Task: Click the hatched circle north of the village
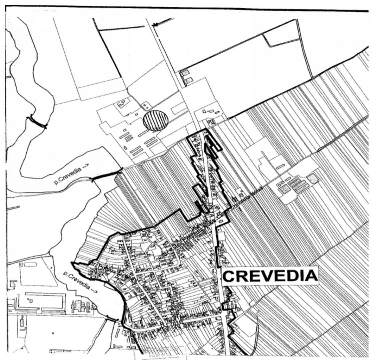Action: (x=155, y=121)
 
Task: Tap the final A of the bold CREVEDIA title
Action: (x=311, y=275)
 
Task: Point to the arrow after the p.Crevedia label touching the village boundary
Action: (x=94, y=291)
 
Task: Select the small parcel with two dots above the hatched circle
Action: (x=146, y=106)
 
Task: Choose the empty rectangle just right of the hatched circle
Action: (x=179, y=108)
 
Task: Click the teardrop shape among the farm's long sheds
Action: (x=125, y=148)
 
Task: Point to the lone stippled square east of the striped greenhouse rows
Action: (x=313, y=179)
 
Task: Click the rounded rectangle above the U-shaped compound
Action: (x=30, y=264)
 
